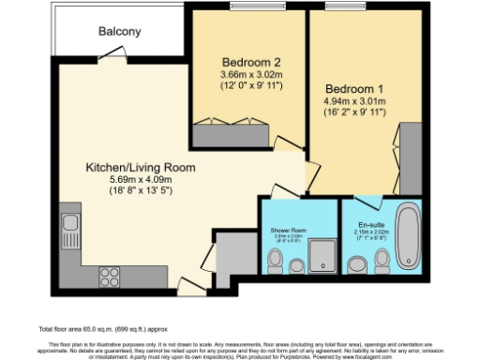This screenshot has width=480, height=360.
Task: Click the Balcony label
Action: point(120,31)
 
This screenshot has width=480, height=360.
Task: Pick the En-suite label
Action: point(373,225)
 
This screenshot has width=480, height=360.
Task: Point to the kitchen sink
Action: point(69,226)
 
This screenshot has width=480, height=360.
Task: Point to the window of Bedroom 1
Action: point(341,7)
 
